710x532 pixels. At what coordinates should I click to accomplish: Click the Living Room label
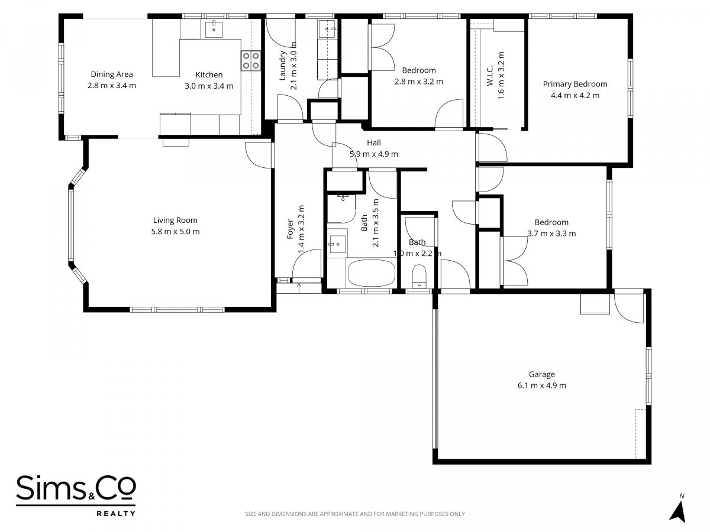click(175, 220)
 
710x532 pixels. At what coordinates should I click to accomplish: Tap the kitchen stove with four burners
click(251, 61)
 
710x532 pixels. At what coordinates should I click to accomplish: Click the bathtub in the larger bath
click(372, 273)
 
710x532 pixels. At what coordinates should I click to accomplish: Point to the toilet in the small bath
click(419, 276)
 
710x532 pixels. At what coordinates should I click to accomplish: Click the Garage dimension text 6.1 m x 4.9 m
click(542, 385)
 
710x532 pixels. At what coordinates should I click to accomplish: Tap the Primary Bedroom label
click(575, 84)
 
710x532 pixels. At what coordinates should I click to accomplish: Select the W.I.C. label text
click(490, 76)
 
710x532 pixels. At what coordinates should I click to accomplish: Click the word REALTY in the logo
click(116, 513)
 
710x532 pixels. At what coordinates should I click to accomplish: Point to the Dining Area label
click(112, 74)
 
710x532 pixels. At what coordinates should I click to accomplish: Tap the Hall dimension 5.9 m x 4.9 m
click(373, 154)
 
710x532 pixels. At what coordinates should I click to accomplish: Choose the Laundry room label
click(282, 65)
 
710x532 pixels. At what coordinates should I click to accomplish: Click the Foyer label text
click(290, 229)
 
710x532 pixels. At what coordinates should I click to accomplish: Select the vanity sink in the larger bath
click(337, 244)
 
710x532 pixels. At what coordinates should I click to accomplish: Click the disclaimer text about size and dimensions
click(355, 514)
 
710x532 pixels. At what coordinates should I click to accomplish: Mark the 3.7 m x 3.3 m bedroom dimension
click(551, 233)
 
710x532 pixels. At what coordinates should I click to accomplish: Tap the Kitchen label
click(209, 75)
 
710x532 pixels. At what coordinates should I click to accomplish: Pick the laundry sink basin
click(327, 29)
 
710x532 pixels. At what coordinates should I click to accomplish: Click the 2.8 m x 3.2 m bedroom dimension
click(418, 82)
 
